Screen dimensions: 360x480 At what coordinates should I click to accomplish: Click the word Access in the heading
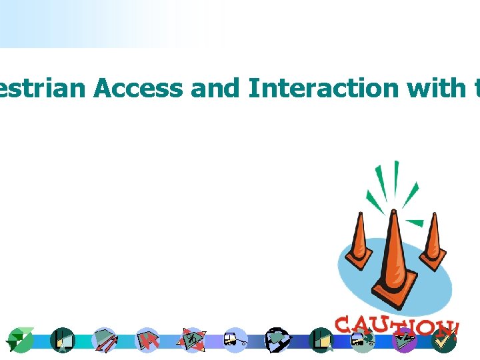(x=138, y=87)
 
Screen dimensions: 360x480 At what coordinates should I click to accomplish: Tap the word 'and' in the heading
(x=214, y=87)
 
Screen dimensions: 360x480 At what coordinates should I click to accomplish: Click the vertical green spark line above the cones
(x=396, y=180)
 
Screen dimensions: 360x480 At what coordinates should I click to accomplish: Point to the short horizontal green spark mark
(x=415, y=222)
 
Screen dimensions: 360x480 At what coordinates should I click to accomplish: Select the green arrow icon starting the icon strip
(x=20, y=341)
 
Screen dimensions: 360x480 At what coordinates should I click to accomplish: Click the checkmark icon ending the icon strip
(x=443, y=340)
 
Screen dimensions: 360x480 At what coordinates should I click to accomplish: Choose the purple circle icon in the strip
(x=405, y=341)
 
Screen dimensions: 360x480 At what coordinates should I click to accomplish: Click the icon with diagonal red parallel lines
(x=105, y=340)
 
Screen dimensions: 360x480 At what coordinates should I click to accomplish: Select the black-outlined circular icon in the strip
(x=277, y=340)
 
